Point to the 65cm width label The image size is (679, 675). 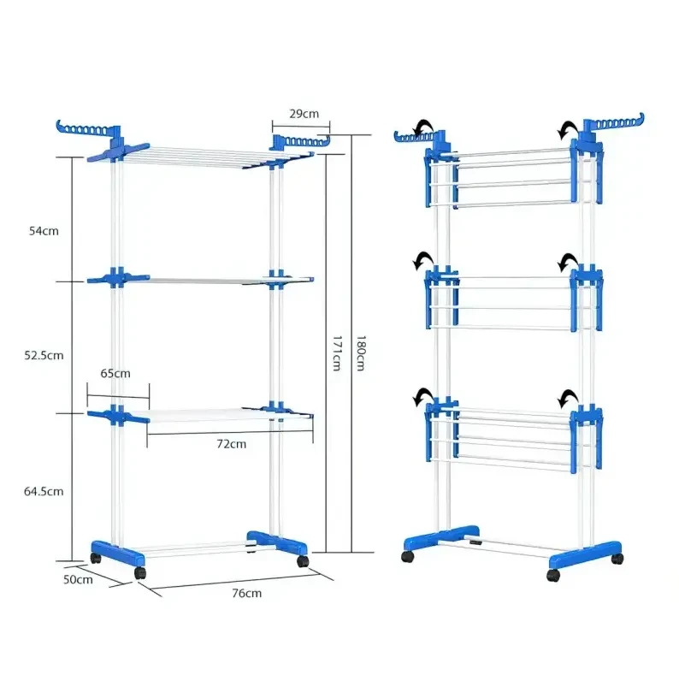click(115, 373)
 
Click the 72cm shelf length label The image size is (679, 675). click(231, 444)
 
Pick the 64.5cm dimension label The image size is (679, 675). click(44, 491)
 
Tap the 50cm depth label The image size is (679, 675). click(78, 579)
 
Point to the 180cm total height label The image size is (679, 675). click(362, 352)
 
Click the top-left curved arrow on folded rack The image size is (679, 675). click(421, 128)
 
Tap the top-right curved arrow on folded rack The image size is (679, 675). click(565, 129)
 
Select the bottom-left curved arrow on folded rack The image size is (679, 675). click(421, 397)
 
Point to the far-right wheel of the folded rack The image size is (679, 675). click(617, 559)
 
